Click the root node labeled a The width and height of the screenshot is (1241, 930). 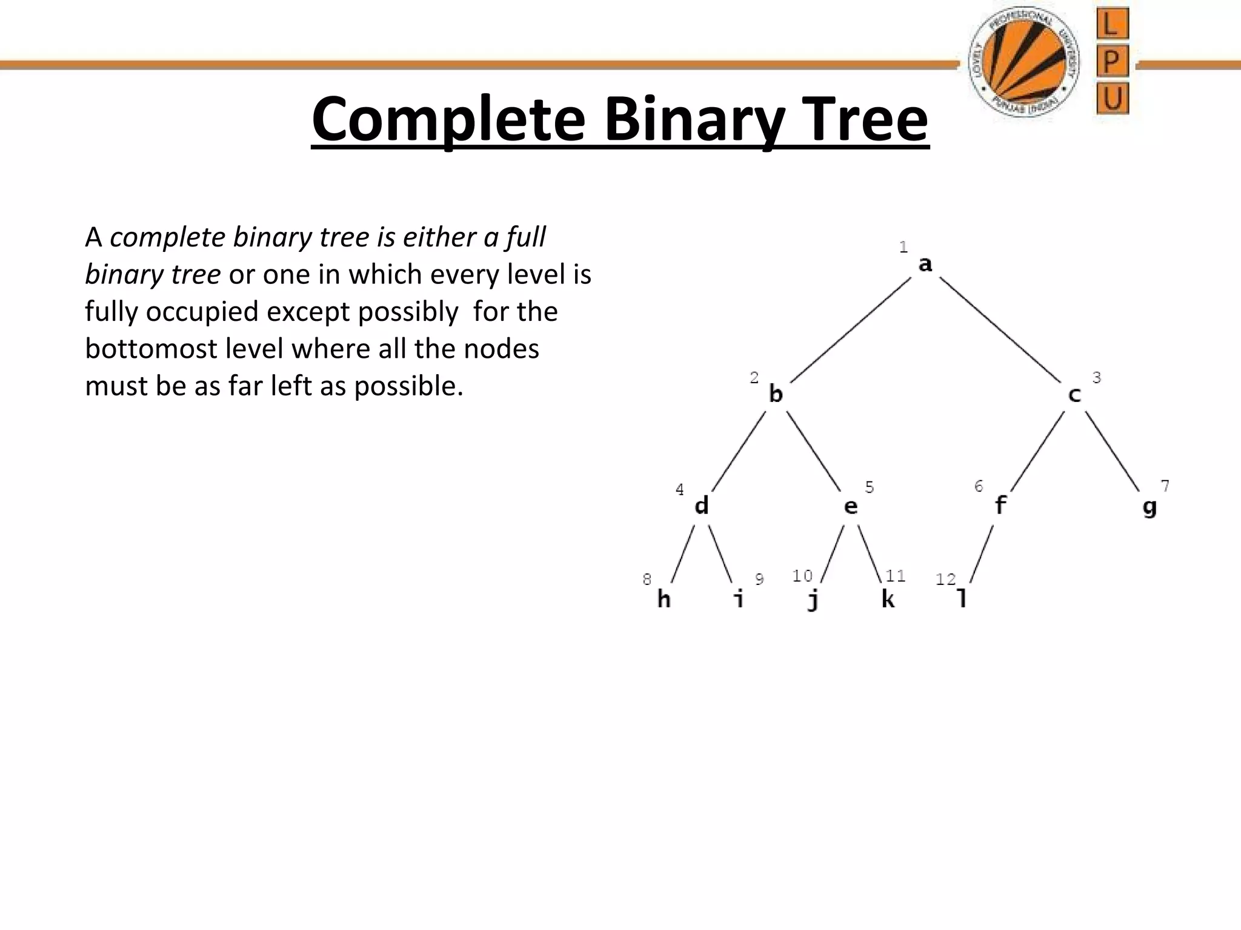925,265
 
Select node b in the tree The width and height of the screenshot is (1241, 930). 776,394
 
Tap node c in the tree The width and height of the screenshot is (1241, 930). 1074,395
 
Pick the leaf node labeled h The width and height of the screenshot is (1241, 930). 664,599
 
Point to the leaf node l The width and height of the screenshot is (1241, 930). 962,599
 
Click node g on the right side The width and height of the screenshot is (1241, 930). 1150,507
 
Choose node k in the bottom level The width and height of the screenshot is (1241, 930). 888,599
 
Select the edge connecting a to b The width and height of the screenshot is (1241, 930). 850,331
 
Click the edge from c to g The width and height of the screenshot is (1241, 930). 1113,451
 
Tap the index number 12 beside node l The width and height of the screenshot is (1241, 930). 945,579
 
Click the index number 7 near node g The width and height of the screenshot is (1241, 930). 1165,486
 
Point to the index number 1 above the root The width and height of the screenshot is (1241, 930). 903,247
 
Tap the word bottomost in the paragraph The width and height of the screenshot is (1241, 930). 151,349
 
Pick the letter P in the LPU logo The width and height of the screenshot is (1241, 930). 1113,61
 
